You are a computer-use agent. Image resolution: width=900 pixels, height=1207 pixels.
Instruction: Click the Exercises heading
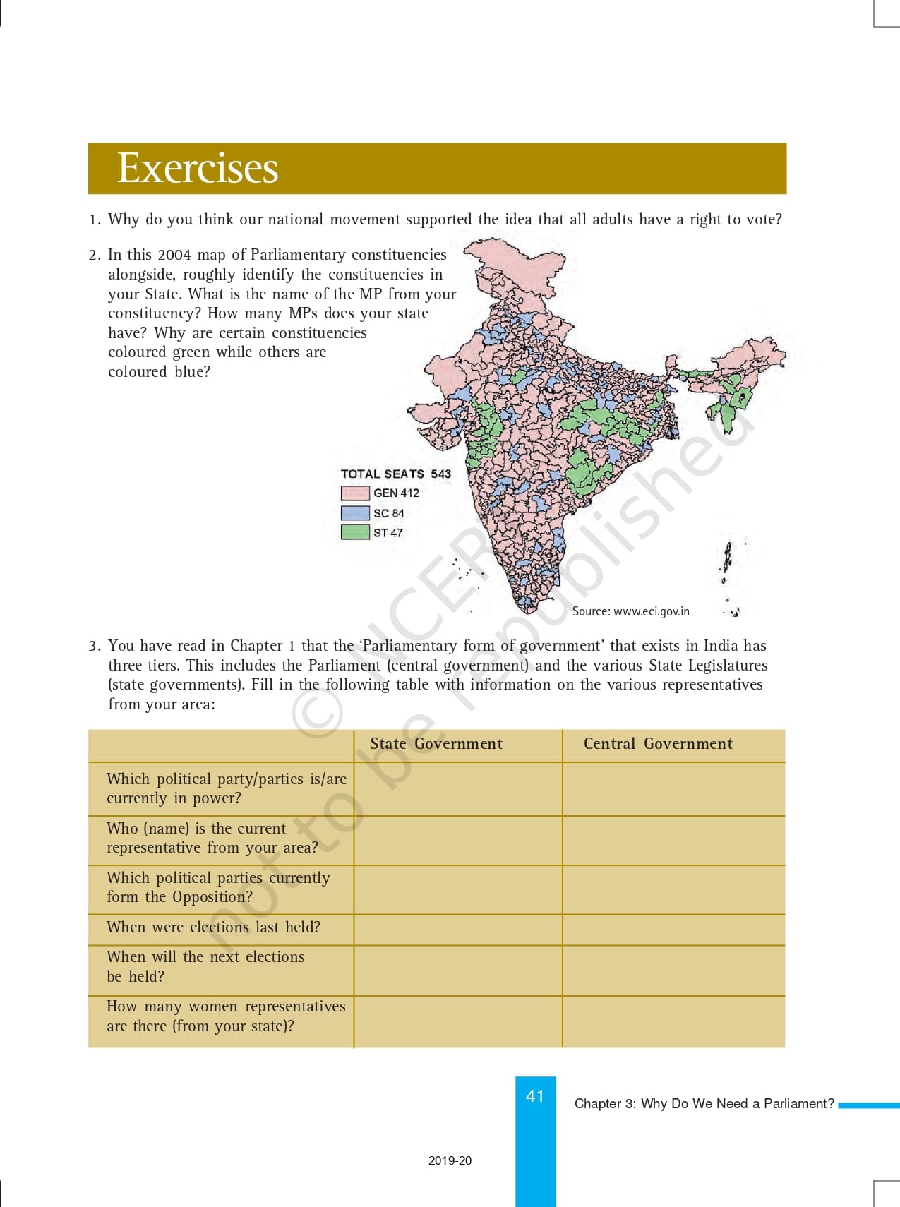click(198, 168)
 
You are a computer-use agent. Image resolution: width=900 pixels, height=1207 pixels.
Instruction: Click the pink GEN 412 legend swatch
click(355, 493)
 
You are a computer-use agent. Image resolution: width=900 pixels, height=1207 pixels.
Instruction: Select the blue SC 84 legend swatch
click(355, 513)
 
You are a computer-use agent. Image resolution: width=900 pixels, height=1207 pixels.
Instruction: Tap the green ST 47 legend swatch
click(355, 532)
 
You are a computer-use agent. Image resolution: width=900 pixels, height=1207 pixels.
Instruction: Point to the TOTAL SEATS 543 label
click(395, 474)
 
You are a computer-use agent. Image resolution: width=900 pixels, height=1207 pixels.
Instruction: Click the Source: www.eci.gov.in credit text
click(630, 611)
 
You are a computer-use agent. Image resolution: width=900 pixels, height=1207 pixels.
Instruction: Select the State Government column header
click(436, 744)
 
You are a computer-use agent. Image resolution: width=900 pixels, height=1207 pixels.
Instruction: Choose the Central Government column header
click(658, 744)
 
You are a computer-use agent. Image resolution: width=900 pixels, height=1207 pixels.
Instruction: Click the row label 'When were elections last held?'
click(213, 927)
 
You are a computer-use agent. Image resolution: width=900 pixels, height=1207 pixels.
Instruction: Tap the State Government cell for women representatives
click(457, 1021)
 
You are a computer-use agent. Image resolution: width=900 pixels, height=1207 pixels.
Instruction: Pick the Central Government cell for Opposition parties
click(673, 889)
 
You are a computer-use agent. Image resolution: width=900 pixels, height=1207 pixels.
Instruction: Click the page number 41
click(535, 1096)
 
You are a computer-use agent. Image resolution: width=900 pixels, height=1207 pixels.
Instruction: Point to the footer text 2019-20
click(450, 1160)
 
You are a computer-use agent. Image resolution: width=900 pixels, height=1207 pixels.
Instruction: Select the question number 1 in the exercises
click(95, 220)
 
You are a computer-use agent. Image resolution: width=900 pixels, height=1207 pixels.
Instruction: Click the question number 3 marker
click(95, 646)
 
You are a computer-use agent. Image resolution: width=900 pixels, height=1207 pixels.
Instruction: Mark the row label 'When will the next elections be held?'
click(205, 966)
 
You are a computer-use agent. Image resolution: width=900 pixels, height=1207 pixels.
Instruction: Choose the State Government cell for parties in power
click(457, 788)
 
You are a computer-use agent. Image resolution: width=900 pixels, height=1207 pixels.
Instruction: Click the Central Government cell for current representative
click(673, 840)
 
